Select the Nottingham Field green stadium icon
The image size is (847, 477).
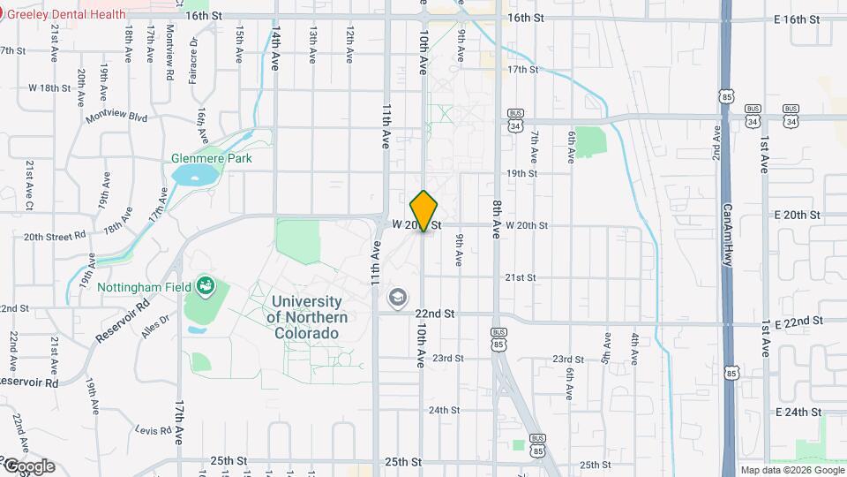tap(206, 284)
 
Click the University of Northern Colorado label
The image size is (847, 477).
tap(307, 317)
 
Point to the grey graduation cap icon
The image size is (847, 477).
tap(398, 298)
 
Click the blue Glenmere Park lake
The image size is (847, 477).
tap(194, 175)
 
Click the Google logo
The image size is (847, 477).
tap(28, 466)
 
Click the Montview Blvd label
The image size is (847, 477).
tap(116, 117)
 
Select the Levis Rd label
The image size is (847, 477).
tap(153, 430)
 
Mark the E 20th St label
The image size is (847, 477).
tap(797, 216)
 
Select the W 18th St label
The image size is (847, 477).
tap(49, 87)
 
